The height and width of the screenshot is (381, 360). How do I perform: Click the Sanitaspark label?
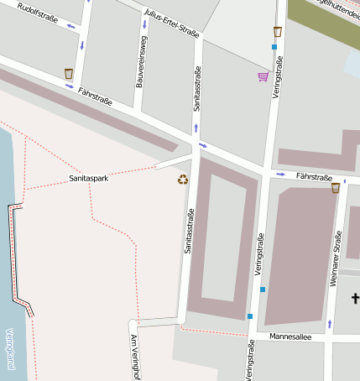89,179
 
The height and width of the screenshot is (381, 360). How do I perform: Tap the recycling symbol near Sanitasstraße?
183,179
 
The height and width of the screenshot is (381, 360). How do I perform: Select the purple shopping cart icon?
263,77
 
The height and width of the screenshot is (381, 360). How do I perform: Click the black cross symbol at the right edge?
355,298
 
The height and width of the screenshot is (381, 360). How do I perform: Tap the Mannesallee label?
290,337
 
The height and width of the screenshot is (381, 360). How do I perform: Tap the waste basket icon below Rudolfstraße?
68,74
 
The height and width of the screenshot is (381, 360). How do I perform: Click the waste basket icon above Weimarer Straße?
336,188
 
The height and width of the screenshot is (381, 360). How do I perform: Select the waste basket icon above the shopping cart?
277,32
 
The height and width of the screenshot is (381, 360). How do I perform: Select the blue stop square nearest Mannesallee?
249,316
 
